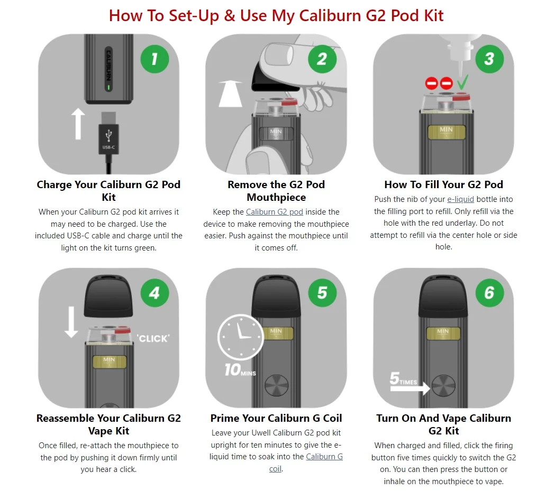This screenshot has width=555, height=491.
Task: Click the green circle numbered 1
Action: click(154, 59)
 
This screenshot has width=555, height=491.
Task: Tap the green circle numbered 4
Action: click(154, 293)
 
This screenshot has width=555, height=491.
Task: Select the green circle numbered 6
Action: click(489, 293)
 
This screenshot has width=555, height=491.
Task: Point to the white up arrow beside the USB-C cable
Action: click(78, 124)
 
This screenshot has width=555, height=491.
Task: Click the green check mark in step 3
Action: click(462, 82)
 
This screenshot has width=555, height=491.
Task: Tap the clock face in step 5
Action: click(241, 337)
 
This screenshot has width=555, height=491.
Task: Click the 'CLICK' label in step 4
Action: click(153, 339)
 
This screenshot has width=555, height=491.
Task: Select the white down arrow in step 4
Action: click(71, 322)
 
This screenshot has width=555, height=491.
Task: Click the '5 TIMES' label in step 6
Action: click(403, 378)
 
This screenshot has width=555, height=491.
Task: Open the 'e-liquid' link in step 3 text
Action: click(460, 199)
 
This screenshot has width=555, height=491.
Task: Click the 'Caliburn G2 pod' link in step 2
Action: click(274, 212)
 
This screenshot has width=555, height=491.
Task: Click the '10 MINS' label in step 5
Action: click(240, 370)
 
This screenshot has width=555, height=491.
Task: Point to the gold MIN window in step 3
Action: click(446, 132)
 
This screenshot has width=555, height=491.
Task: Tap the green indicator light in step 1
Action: click(108, 87)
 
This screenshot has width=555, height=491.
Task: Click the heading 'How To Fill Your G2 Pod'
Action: click(443, 184)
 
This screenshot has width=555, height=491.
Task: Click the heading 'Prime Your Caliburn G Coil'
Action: click(276, 418)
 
